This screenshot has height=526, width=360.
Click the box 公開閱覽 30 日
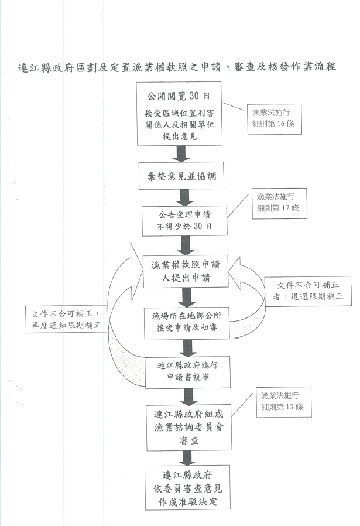tap(179, 114)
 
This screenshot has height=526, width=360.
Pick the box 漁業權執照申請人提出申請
tap(186, 271)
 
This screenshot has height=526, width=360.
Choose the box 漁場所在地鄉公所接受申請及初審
tap(186, 322)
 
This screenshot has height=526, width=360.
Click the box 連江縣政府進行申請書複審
tap(185, 373)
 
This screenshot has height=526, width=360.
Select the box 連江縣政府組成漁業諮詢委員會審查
tap(186, 423)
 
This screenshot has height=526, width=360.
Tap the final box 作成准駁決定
tap(185, 487)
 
